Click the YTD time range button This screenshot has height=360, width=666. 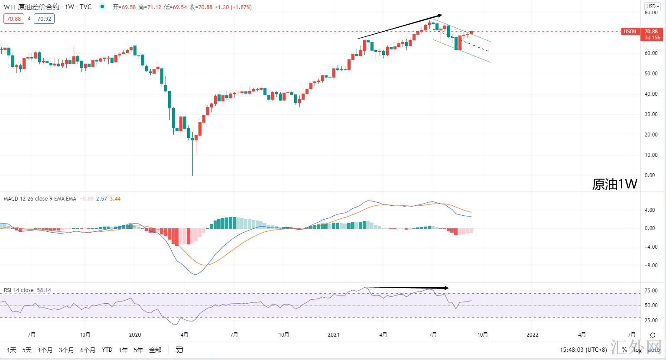(x=107, y=350)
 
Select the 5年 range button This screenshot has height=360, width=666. (x=138, y=350)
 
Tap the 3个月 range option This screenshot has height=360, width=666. (x=66, y=350)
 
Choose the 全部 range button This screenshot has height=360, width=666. (x=155, y=350)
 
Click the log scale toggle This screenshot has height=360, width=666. (x=637, y=350)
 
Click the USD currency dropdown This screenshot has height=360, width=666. (x=652, y=6)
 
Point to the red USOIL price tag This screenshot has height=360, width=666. (x=630, y=32)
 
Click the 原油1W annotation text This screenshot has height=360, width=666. (x=614, y=184)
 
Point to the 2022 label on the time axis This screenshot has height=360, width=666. (x=532, y=335)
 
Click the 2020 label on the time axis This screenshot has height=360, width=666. (x=135, y=335)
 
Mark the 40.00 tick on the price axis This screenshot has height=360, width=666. (x=650, y=94)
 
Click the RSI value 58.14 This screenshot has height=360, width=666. (x=44, y=290)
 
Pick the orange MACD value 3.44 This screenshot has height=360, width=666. (x=115, y=199)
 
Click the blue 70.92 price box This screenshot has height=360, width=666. (x=44, y=19)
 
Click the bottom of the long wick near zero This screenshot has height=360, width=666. (x=192, y=175)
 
